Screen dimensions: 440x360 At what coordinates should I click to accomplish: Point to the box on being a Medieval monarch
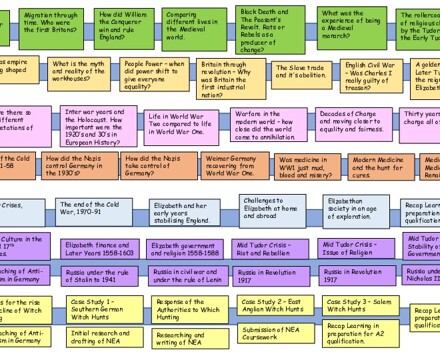(349, 21)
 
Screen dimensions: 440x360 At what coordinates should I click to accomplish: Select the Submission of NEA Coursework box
(272, 333)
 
